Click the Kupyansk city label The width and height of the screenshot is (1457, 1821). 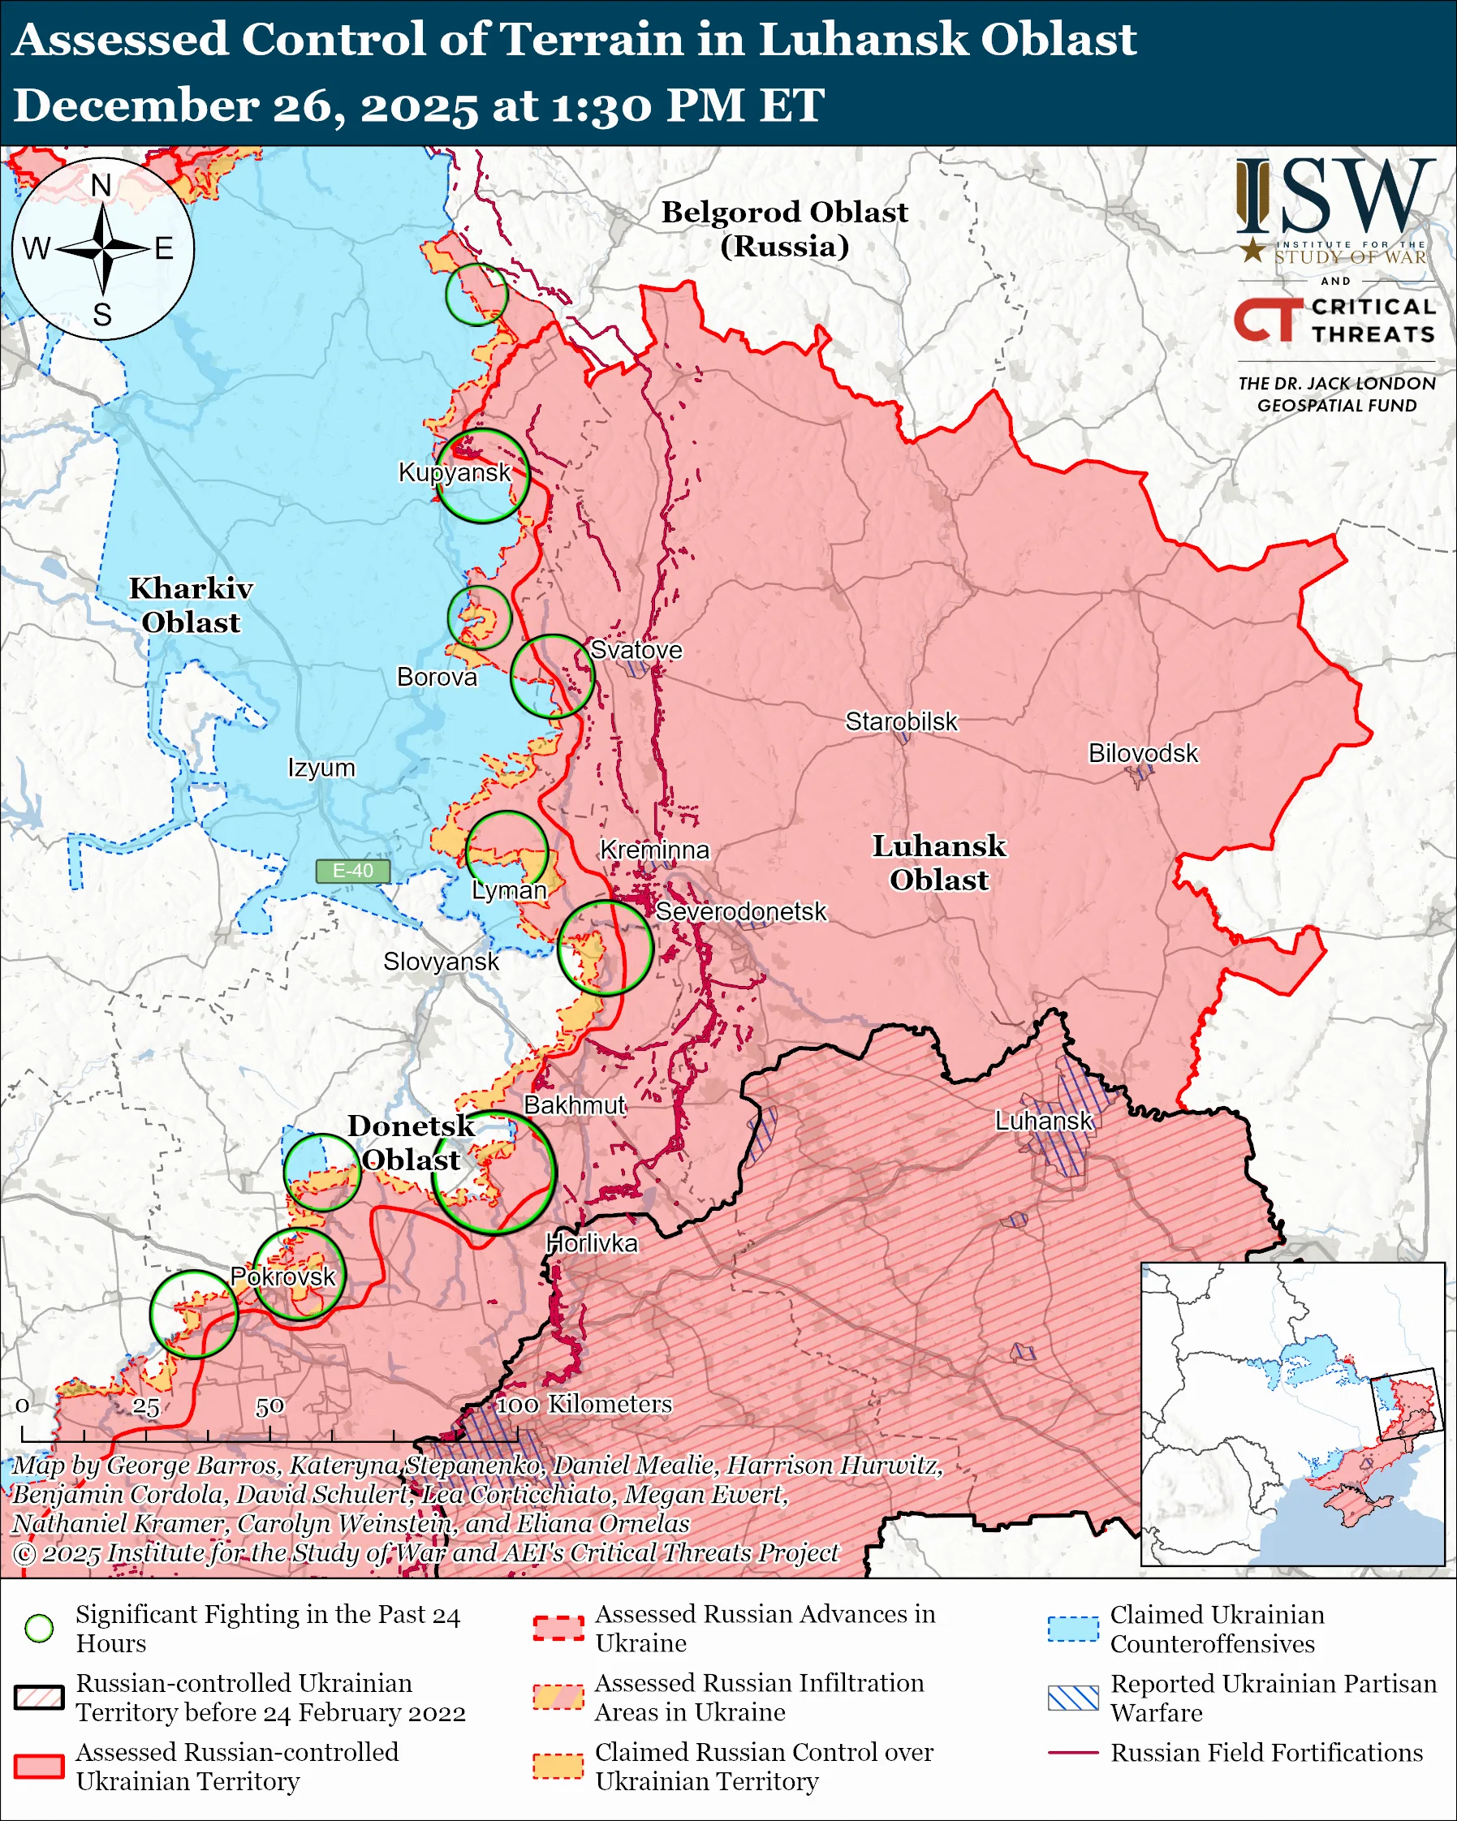[455, 472]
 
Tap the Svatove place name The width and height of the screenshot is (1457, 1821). [636, 649]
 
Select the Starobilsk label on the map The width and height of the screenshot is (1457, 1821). [901, 721]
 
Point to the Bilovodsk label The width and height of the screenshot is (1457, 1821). [1143, 752]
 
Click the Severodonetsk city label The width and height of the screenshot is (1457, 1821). [741, 911]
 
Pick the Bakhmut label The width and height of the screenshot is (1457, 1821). [575, 1104]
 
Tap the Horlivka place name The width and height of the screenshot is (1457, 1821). [591, 1243]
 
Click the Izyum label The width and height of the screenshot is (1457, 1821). [321, 768]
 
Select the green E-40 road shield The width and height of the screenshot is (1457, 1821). [353, 871]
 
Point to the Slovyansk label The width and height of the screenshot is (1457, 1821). [441, 961]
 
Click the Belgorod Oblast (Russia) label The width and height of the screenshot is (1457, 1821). [784, 228]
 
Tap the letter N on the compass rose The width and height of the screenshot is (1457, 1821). [101, 185]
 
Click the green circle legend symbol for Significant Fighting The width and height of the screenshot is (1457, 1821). [40, 1628]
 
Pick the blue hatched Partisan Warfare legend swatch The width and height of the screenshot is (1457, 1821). [1073, 1698]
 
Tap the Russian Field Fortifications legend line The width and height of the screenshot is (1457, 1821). [1073, 1753]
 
